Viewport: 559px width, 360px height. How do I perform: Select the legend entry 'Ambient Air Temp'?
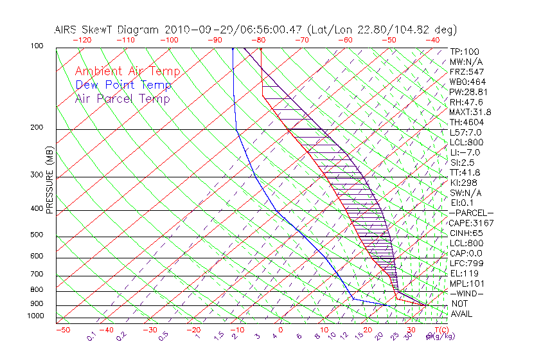point(127,71)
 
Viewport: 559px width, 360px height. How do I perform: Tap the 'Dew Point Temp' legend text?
point(123,85)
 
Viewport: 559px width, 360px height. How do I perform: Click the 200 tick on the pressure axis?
point(36,128)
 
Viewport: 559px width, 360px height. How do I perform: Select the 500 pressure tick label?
point(36,235)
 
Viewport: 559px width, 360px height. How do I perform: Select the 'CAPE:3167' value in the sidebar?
point(472,223)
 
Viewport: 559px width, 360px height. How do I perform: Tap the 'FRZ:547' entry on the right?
point(466,71)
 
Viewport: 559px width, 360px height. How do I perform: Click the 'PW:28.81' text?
point(469,92)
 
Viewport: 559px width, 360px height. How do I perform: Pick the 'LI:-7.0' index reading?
point(465,152)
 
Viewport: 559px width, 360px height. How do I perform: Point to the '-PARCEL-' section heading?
point(471,213)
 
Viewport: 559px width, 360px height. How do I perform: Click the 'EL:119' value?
point(465,273)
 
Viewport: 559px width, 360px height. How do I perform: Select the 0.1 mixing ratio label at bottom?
point(91,336)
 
